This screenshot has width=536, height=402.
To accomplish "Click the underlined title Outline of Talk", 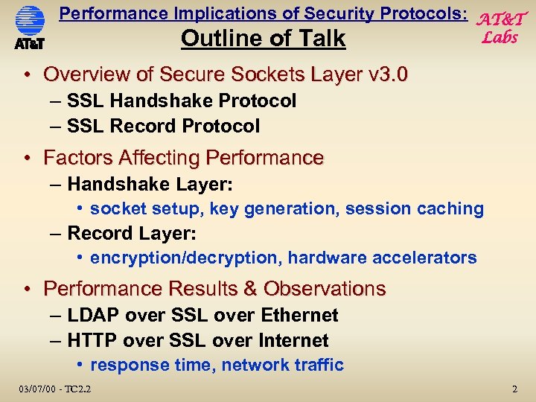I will click(x=263, y=39).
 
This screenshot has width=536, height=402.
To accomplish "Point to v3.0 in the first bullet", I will click(x=388, y=74).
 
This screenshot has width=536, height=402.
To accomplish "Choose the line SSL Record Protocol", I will click(x=163, y=126).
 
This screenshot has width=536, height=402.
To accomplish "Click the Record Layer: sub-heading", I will click(x=132, y=233).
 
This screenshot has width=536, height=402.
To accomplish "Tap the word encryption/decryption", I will click(x=185, y=258).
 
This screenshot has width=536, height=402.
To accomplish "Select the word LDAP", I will click(x=94, y=315).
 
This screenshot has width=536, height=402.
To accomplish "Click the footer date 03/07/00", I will click(x=34, y=388).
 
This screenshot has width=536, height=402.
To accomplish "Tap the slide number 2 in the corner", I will click(x=514, y=389).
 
